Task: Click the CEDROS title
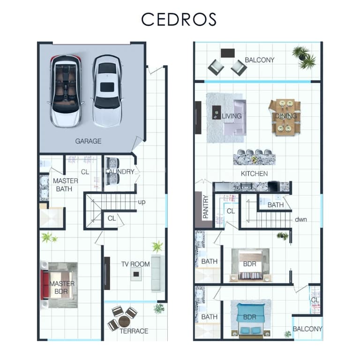point(179,19)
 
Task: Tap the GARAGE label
point(89,141)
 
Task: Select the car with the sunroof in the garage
point(107,91)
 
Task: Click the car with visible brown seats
point(66,91)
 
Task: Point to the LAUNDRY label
point(120,172)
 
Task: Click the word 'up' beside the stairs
point(142,202)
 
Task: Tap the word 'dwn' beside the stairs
point(301,219)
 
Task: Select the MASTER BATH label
point(66,185)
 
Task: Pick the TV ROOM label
point(135,264)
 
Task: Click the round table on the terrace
point(124,321)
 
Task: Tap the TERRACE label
point(134,331)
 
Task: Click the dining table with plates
point(285,117)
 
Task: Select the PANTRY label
point(206,206)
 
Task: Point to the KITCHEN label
point(254,173)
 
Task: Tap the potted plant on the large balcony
point(304,57)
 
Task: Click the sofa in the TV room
point(157,273)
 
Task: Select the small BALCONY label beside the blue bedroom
point(307,329)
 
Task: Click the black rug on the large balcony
point(228,53)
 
